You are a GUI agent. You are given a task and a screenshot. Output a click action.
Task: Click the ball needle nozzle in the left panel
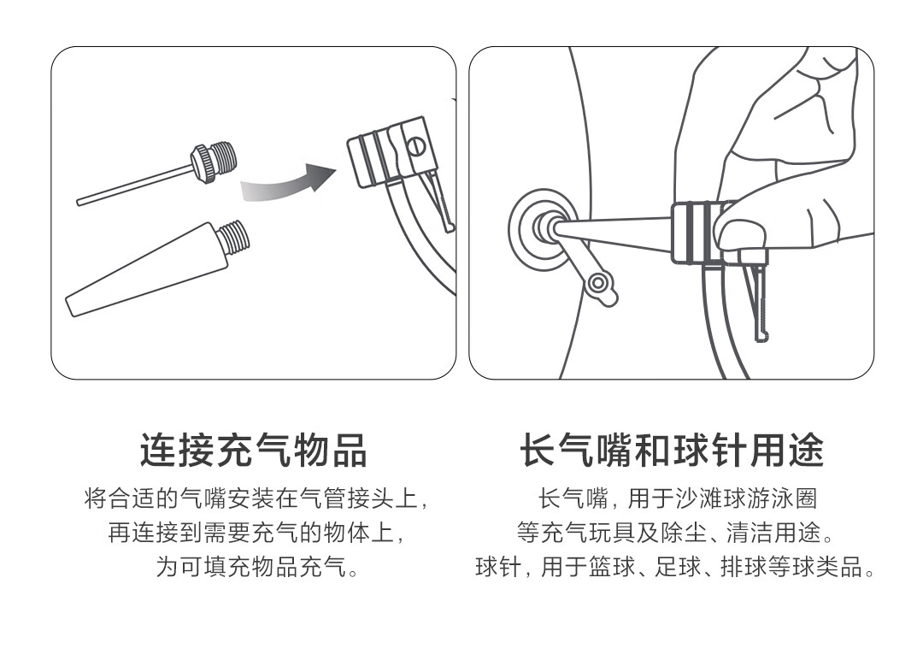(x=157, y=174)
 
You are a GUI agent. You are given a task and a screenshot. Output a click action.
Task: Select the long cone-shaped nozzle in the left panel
(x=157, y=268)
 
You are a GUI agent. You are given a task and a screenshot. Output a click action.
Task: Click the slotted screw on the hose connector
(x=416, y=145)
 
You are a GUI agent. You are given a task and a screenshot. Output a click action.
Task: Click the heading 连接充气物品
(x=254, y=451)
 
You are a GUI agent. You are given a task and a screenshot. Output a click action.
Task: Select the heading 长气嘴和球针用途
(x=671, y=451)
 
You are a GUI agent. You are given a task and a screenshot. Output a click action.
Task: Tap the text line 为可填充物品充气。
(x=257, y=567)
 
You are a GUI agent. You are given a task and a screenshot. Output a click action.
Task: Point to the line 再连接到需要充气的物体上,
(x=256, y=533)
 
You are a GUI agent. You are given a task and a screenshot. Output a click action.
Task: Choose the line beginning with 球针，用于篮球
(x=675, y=567)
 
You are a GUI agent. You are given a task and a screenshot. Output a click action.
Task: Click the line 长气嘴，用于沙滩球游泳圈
(x=678, y=498)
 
